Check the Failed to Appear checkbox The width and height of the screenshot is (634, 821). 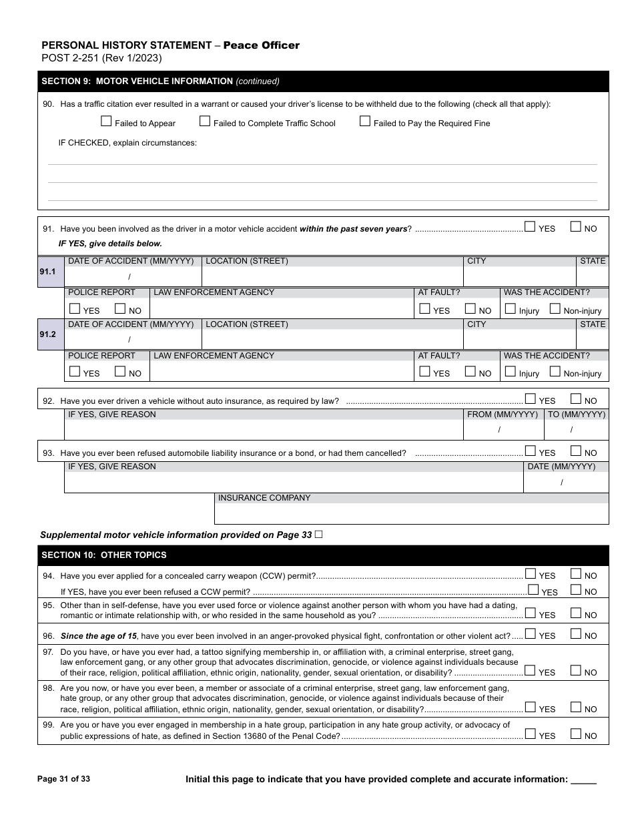(x=106, y=121)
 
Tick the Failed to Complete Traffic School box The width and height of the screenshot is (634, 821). (x=205, y=121)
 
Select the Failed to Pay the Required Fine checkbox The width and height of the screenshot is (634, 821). (x=365, y=121)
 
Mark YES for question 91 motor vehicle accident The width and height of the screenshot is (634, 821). (x=530, y=227)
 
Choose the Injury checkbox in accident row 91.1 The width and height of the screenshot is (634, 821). (x=511, y=309)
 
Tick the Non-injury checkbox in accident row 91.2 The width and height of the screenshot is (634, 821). (x=555, y=372)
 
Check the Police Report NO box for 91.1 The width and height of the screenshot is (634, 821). (x=120, y=309)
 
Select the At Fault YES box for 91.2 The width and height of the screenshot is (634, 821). (x=424, y=372)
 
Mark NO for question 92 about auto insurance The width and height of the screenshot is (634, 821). (x=576, y=399)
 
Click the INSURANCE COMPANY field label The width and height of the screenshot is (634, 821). (x=264, y=498)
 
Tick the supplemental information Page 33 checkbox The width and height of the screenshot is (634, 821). (x=318, y=535)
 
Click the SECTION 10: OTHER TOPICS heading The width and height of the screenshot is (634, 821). (x=104, y=555)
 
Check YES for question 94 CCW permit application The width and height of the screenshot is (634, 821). (x=531, y=573)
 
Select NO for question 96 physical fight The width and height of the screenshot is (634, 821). (x=576, y=634)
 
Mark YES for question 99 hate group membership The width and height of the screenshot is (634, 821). (x=531, y=734)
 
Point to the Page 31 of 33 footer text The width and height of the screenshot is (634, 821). (x=64, y=779)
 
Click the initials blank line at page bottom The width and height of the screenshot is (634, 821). (x=584, y=780)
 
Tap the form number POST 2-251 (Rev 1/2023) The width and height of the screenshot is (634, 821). (x=101, y=58)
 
